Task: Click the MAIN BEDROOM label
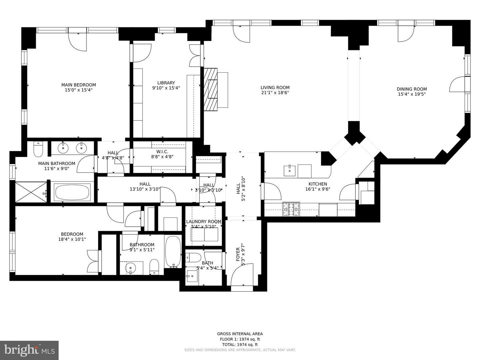click(79, 85)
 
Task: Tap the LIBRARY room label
click(166, 83)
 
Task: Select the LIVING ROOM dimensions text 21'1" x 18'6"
click(275, 93)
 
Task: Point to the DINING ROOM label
click(412, 89)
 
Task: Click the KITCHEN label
click(318, 184)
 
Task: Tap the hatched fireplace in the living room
click(210, 90)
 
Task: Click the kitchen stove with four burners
click(291, 209)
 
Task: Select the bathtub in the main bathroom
click(72, 193)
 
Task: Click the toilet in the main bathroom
click(38, 149)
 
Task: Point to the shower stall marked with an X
click(31, 192)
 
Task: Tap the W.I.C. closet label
click(162, 152)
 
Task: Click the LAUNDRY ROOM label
click(204, 222)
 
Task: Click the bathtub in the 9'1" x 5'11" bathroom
click(173, 252)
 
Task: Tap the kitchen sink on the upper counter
click(290, 171)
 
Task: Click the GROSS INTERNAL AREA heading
click(240, 334)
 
